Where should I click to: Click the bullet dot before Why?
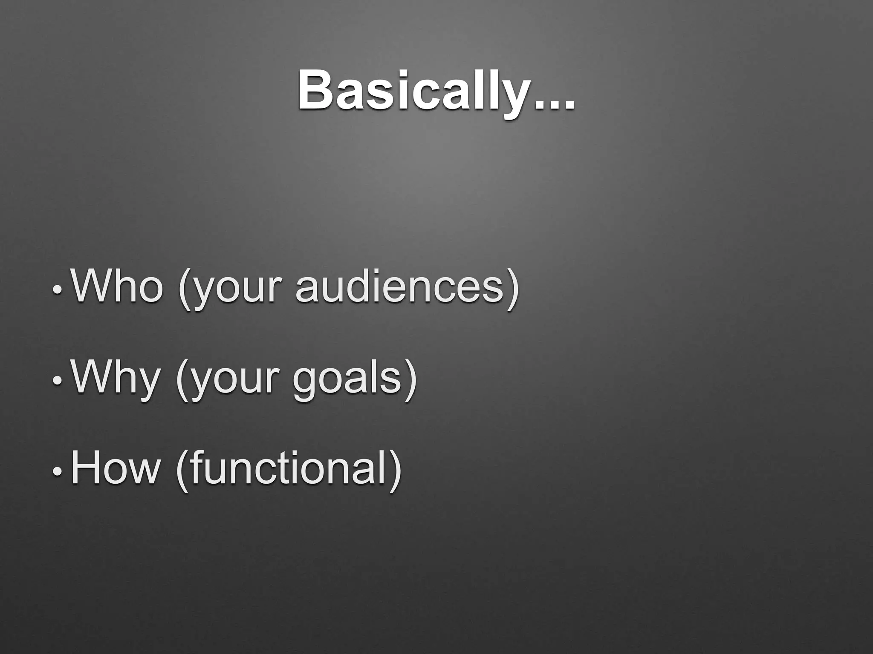57,381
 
